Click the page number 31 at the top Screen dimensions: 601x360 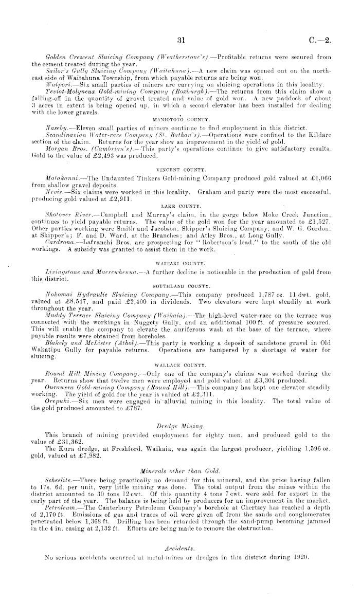pos(181,41)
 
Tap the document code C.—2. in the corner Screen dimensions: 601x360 pos(319,41)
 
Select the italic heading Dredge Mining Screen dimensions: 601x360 pos(180,412)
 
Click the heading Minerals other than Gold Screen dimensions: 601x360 pos(181,457)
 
